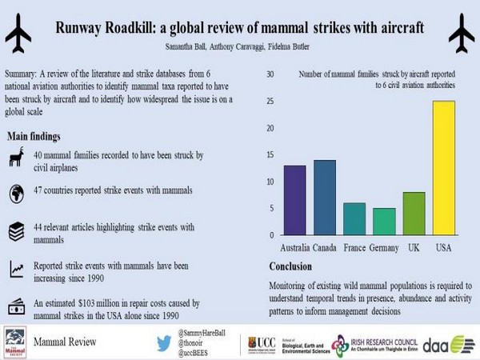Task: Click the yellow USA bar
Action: pos(443,168)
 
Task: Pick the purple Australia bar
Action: pos(273,200)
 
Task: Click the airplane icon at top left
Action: pos(19,34)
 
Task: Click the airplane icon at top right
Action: pos(460,34)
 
